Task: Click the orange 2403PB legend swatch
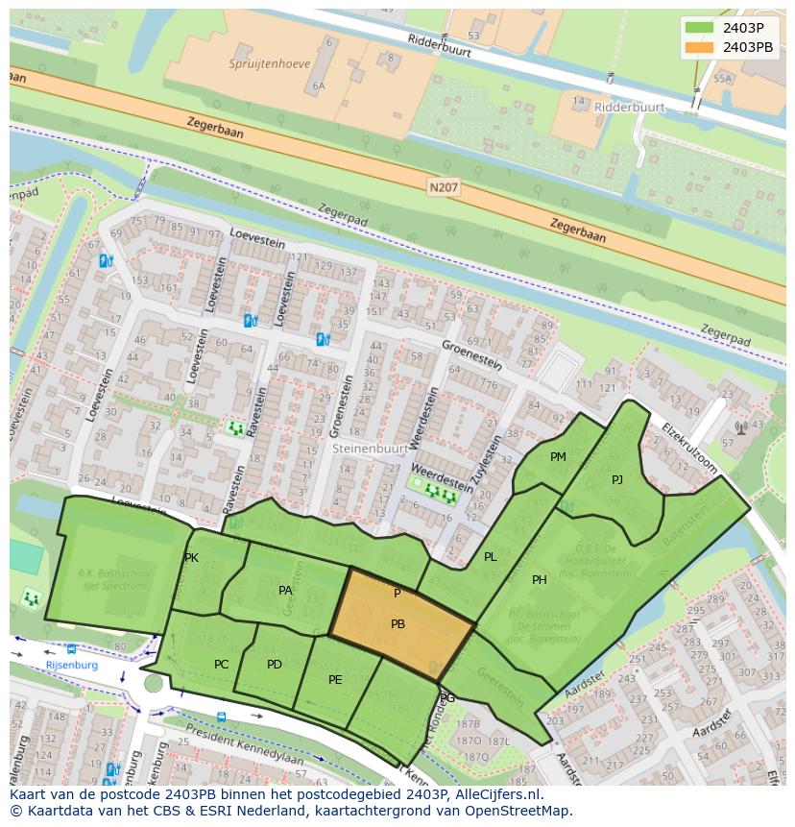point(700,46)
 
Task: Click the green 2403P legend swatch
point(700,27)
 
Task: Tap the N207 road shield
point(444,188)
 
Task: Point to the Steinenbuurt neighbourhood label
point(369,448)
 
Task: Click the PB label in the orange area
point(397,624)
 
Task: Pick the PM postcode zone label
point(558,457)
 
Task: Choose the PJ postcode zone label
point(617,479)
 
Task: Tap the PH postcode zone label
point(540,579)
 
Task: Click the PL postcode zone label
point(491,557)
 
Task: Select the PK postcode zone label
point(191,558)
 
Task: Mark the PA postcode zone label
point(285,591)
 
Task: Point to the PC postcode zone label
point(222,664)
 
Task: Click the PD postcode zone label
point(275,664)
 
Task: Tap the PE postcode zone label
point(335,679)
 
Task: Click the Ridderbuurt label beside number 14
point(629,108)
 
